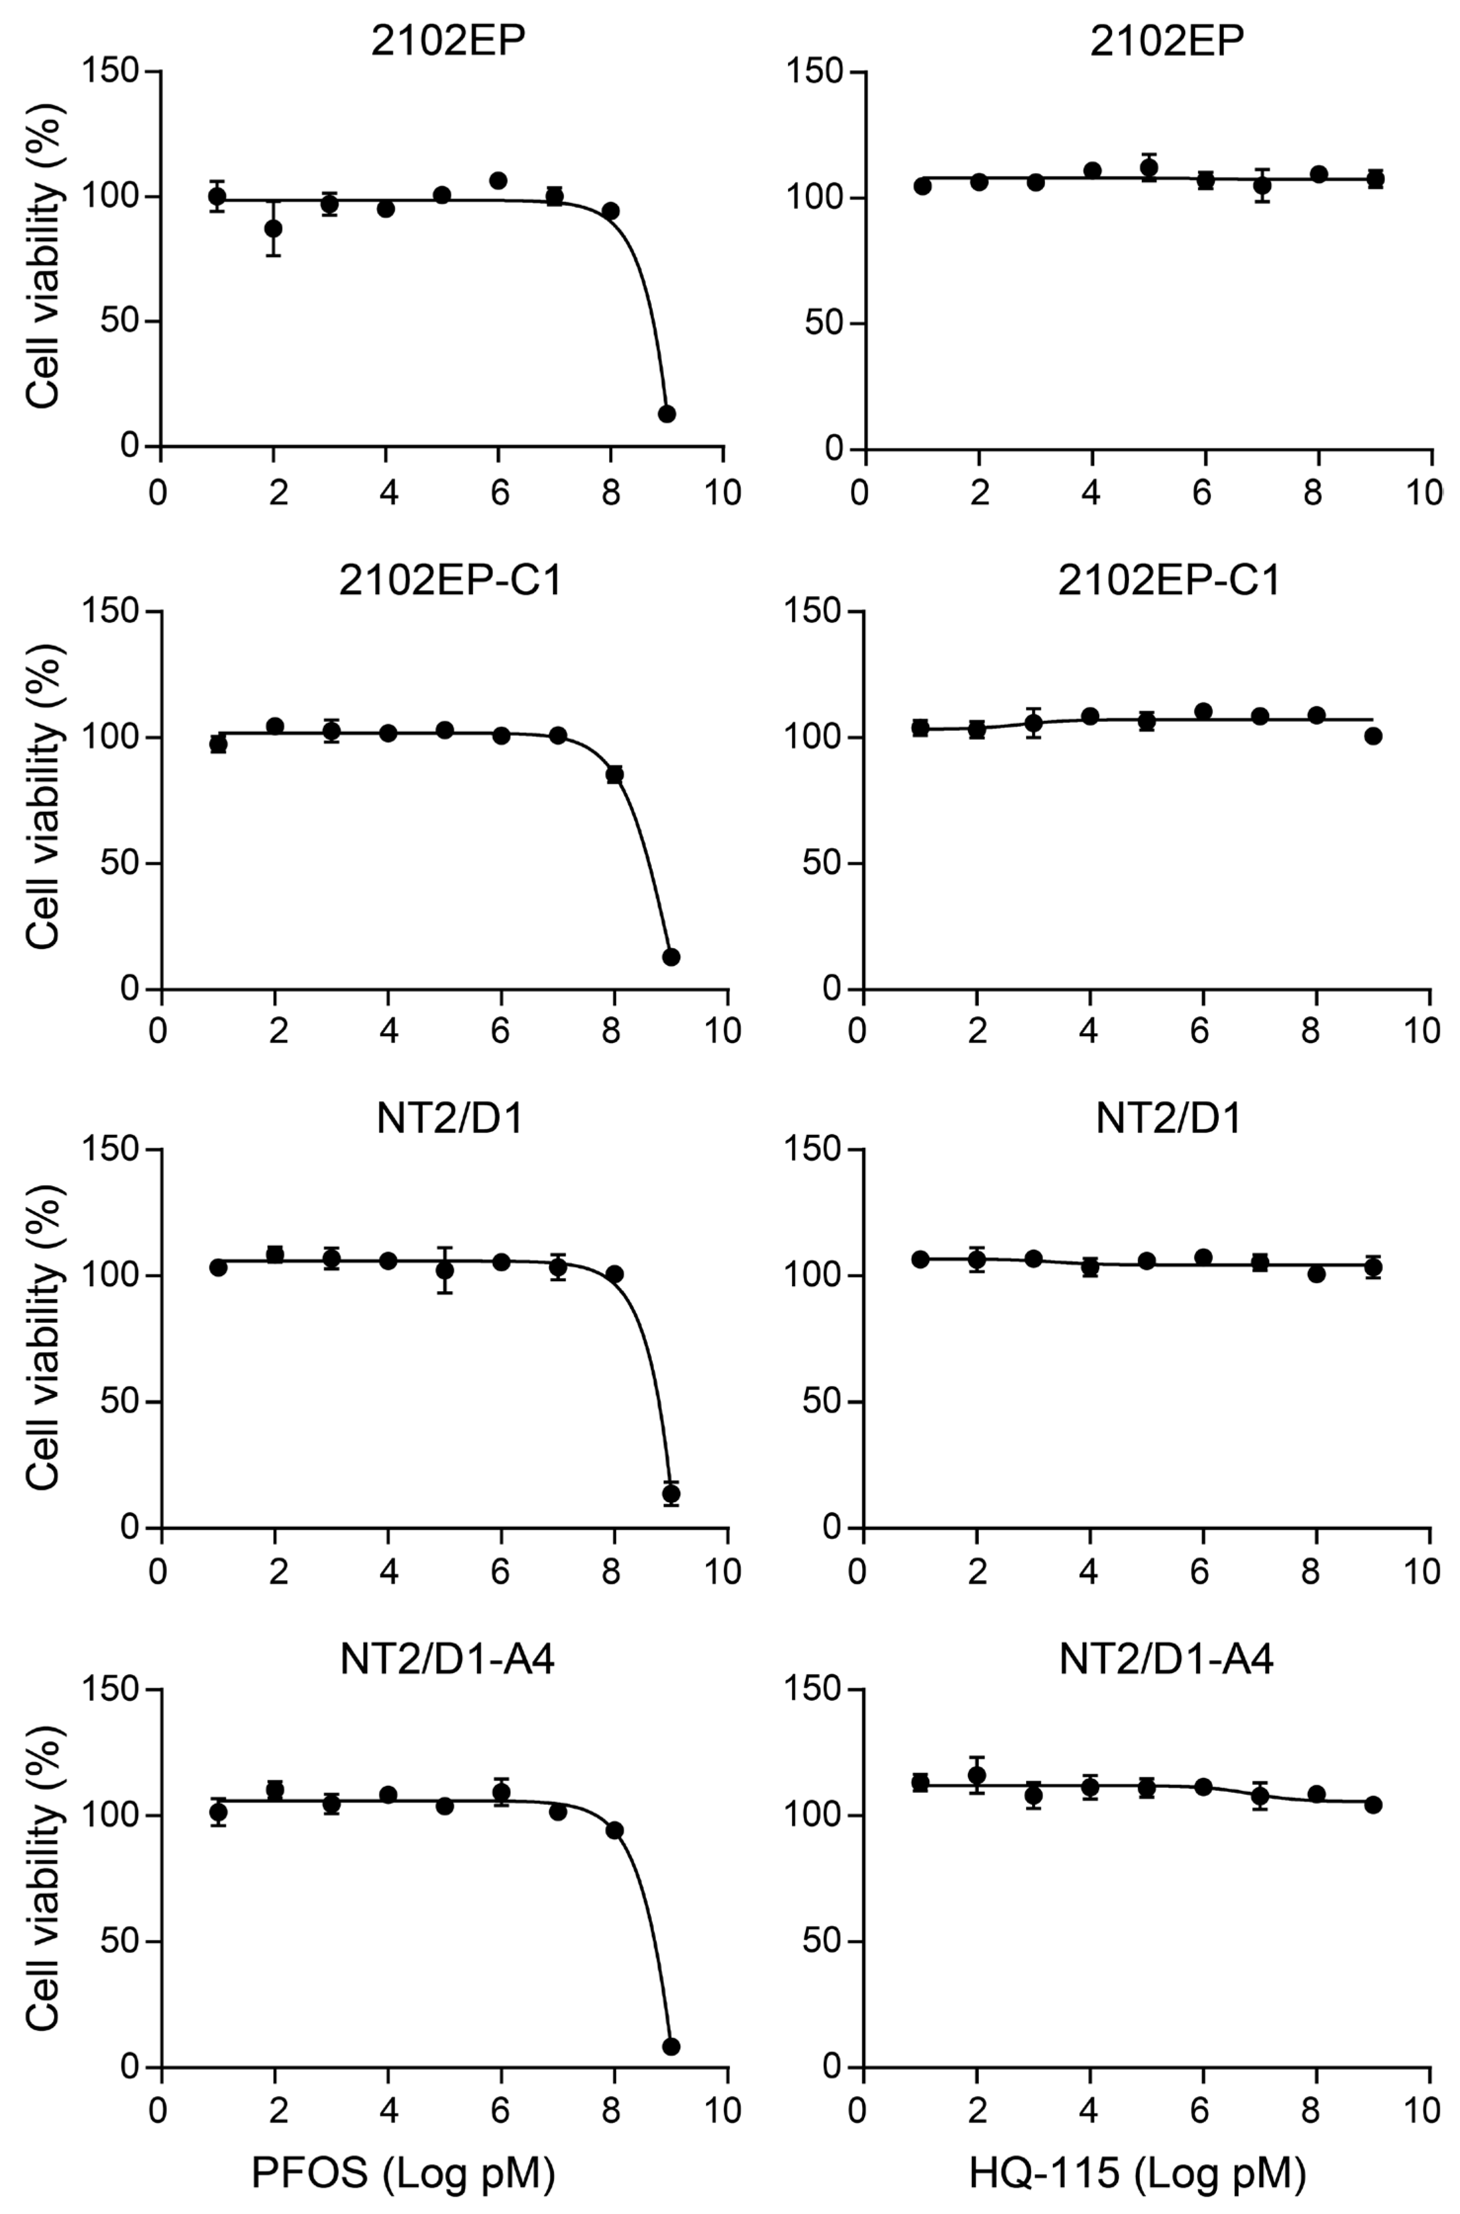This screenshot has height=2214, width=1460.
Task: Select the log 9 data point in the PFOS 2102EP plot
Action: pos(667,414)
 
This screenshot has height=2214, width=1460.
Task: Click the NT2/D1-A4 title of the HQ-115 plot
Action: pos(1166,1659)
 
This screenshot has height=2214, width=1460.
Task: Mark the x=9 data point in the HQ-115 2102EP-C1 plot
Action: pos(1373,736)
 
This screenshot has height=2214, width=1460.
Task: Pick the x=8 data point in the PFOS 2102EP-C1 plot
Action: pos(615,774)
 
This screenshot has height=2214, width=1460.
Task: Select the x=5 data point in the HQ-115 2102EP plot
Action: pos(1149,168)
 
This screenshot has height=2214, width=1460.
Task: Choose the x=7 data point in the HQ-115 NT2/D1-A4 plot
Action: pos(1260,1797)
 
